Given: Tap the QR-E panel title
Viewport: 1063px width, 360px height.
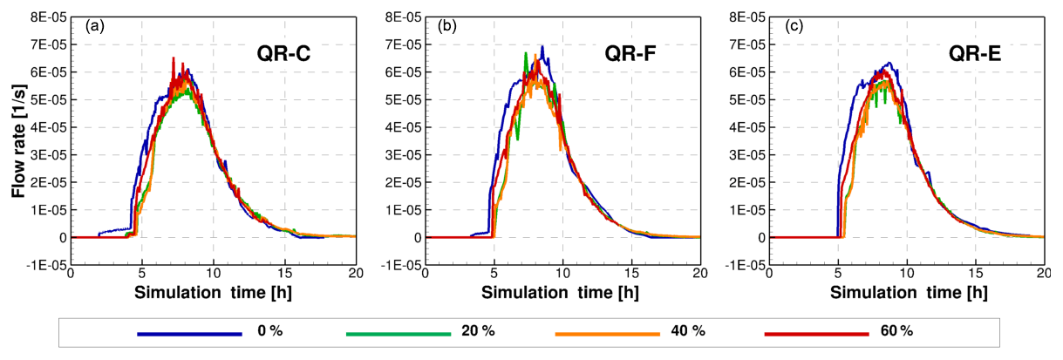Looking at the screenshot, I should pos(975,56).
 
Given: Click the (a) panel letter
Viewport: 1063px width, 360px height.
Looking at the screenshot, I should pos(95,25).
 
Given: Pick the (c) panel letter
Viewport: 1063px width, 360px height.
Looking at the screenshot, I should pos(793,25).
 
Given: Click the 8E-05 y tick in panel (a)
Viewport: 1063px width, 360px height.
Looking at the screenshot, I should pos(46,17).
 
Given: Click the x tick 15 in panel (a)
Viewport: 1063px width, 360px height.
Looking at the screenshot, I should pos(285,275).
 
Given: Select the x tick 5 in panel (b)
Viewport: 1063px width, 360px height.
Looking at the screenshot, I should pos(493,275).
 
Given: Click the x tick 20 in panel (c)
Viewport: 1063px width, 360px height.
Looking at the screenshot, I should pos(1044,275).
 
